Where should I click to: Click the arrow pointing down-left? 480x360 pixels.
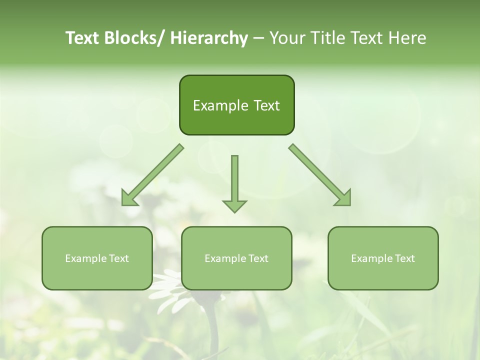[152, 175]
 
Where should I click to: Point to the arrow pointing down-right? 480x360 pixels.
[320, 175]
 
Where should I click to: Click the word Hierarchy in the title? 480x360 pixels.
[209, 38]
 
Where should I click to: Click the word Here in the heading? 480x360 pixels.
[406, 38]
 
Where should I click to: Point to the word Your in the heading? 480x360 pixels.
[286, 38]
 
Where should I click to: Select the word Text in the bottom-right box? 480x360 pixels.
[404, 258]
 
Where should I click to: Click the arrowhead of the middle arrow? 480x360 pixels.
[234, 205]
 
